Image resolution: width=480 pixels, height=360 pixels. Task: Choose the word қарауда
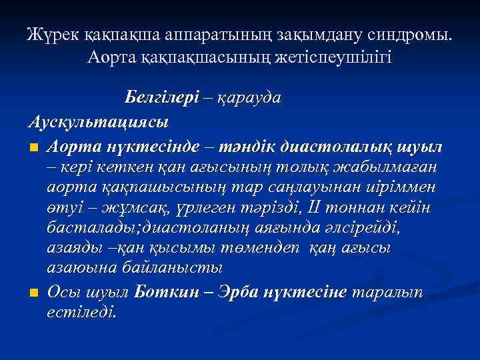(250, 97)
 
